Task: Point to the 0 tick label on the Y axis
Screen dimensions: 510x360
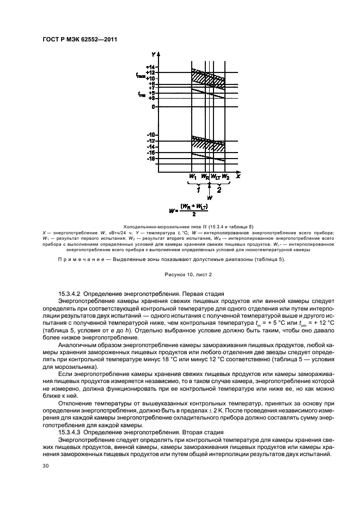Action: click(153, 106)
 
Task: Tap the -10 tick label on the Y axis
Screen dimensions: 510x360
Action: click(151, 135)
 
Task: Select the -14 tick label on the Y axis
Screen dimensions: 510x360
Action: click(151, 147)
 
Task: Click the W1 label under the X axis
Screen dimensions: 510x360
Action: click(192, 177)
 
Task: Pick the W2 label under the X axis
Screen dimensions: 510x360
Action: click(225, 177)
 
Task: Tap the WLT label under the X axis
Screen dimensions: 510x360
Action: click(216, 177)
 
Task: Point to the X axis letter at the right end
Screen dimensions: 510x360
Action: click(238, 176)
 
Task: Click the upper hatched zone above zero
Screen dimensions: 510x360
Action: click(207, 77)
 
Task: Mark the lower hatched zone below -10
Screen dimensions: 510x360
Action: click(207, 144)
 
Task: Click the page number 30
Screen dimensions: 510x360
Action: click(46, 466)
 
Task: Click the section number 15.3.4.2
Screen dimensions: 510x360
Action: click(73, 294)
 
